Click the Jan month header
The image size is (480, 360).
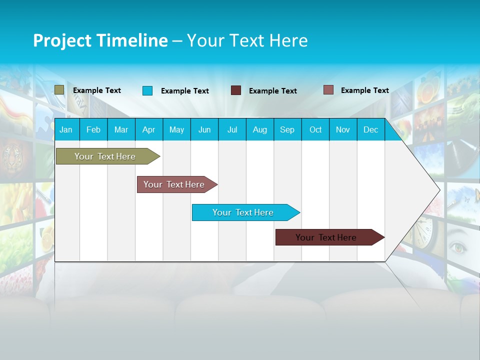pos(66,129)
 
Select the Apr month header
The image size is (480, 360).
pos(149,129)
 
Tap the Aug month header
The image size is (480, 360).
pos(259,129)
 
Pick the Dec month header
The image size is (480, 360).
pos(370,129)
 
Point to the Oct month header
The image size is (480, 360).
pos(315,129)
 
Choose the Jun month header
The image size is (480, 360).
pos(204,129)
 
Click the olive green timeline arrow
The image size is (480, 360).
pos(105,156)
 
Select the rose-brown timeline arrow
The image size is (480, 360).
pos(174,184)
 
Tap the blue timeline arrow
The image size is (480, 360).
pos(243,212)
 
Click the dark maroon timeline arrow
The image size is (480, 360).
pos(326,237)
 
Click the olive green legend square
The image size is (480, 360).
pos(59,90)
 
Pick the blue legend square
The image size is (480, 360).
pos(147,90)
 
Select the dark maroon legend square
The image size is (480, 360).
pos(236,90)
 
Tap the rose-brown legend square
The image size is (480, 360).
pos(328,90)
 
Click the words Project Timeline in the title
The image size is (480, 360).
pos(100,40)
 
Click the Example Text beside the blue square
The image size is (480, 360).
pos(184,91)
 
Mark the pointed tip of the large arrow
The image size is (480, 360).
pos(439,190)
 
